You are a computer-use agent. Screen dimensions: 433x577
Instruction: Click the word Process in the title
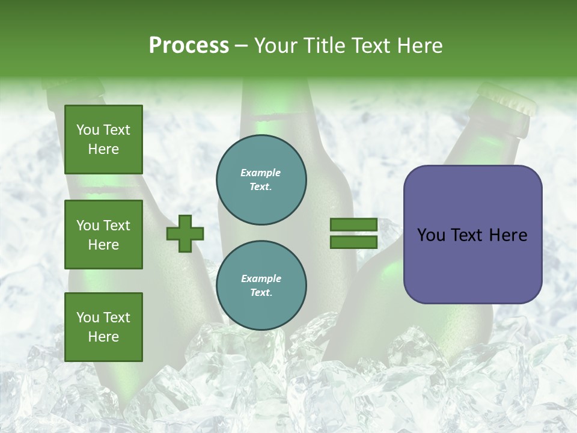click(189, 46)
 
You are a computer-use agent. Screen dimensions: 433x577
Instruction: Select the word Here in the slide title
click(419, 46)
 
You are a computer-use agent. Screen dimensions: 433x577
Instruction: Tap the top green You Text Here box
click(103, 140)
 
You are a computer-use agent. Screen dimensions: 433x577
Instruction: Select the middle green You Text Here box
click(103, 235)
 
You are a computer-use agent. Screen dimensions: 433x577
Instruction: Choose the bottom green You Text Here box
click(103, 327)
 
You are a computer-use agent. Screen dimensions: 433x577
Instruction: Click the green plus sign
click(185, 233)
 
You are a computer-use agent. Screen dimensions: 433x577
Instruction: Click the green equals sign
click(353, 233)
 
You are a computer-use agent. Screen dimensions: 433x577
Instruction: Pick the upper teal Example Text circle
click(261, 180)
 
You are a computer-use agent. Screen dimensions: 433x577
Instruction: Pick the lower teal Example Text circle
click(261, 286)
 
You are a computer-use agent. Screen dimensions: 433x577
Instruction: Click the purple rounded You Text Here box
click(472, 235)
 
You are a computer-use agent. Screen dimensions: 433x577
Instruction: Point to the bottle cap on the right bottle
click(508, 99)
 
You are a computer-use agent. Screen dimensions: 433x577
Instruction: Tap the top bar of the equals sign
click(353, 225)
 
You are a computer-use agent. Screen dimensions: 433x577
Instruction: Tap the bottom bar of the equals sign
click(353, 242)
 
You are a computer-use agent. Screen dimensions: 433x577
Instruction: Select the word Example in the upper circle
click(261, 173)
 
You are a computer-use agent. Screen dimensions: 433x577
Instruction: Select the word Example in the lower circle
click(261, 279)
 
